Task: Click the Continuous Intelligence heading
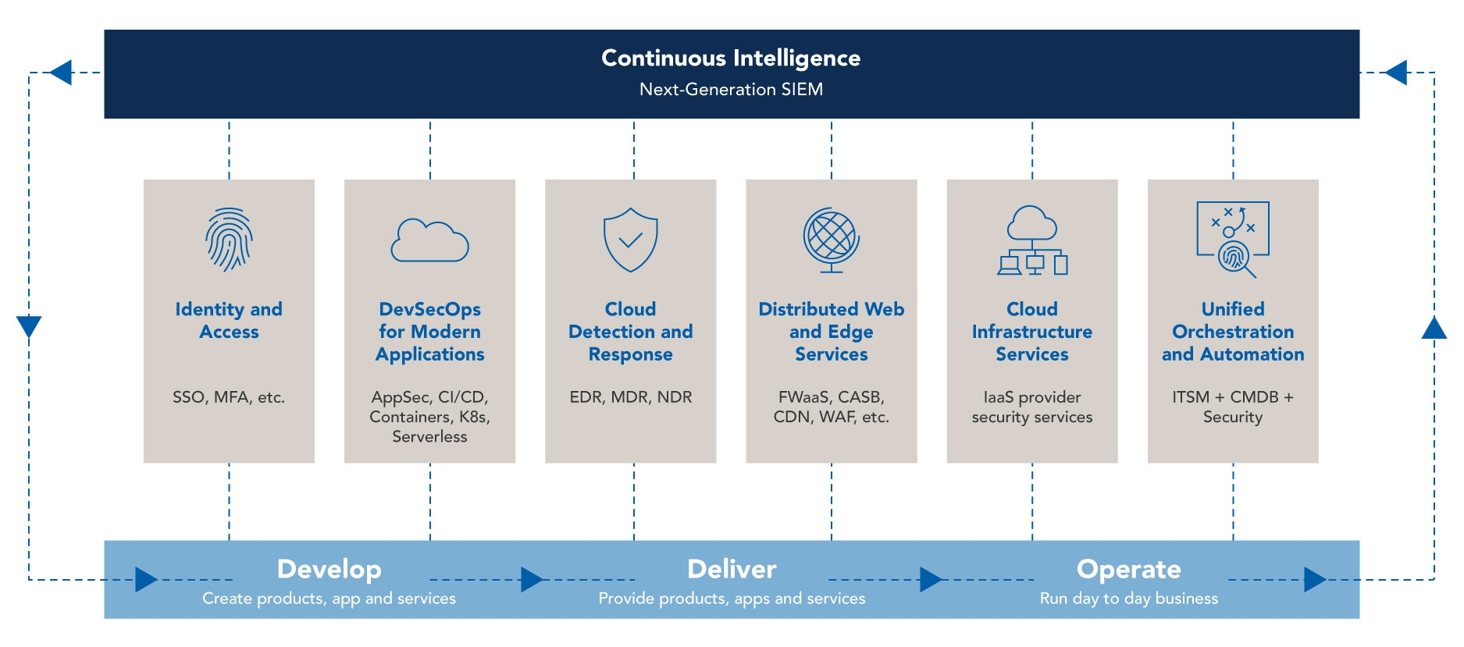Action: pos(731,59)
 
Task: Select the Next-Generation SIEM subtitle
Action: pos(731,90)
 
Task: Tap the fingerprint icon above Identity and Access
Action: pos(229,240)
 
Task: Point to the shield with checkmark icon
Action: pos(630,240)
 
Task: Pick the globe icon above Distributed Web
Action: pos(831,240)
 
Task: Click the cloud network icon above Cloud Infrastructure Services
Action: pos(1032,240)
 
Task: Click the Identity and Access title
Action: pos(229,321)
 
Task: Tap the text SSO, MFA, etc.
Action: pos(229,397)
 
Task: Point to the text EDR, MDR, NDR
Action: pos(630,397)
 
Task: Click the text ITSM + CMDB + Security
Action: pos(1233,407)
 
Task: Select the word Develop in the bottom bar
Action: pos(329,569)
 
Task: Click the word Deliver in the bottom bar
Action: pos(732,569)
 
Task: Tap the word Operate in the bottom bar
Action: pos(1128,569)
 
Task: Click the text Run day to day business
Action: pos(1128,599)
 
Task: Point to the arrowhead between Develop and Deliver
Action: pos(532,580)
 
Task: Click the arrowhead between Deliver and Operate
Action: pos(931,580)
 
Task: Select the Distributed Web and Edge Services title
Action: pos(831,332)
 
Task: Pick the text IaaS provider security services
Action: pos(1032,407)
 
